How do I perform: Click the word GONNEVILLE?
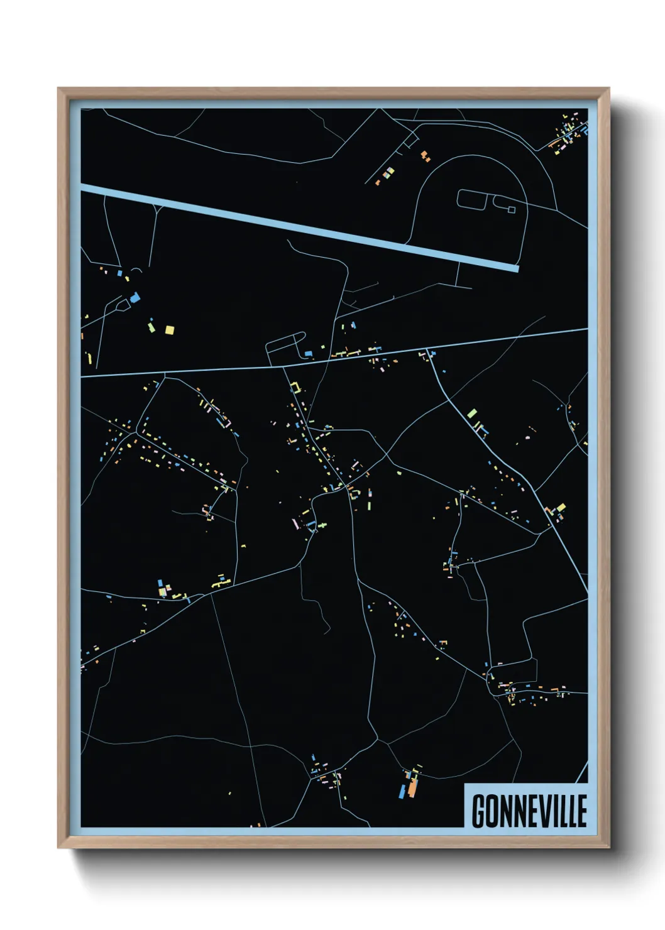(x=529, y=811)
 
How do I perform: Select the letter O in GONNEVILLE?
(x=492, y=811)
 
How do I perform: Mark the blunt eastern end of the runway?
(x=517, y=268)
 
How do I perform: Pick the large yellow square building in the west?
(x=169, y=329)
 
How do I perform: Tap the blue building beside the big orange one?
(x=402, y=790)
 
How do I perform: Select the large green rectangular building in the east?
(x=472, y=413)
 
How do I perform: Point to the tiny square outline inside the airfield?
(x=511, y=209)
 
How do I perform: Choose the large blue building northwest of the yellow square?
(x=135, y=298)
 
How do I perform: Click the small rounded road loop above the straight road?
(x=286, y=347)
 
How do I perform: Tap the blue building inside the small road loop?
(x=308, y=354)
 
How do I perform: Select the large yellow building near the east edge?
(x=561, y=507)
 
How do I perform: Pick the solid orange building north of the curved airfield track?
(x=425, y=155)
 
